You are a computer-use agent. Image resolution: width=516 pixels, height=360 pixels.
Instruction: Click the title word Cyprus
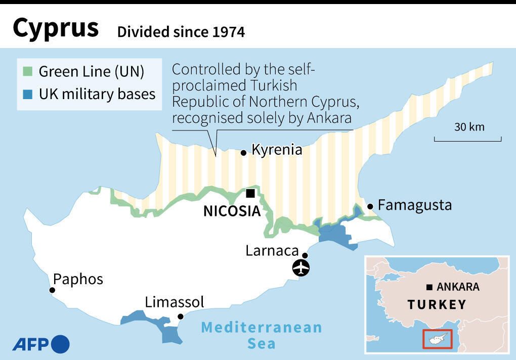[x=56, y=29]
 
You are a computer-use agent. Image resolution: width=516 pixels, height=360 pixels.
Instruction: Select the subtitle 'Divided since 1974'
[x=181, y=32]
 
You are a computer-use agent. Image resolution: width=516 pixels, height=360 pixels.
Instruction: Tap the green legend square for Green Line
[x=28, y=71]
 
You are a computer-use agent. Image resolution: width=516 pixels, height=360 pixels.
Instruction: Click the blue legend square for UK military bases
[x=28, y=94]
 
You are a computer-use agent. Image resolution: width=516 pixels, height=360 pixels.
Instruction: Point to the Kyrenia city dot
[x=243, y=152]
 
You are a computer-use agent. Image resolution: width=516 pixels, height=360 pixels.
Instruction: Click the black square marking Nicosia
[x=250, y=193]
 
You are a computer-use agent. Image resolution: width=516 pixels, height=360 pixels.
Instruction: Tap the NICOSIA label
[x=231, y=211]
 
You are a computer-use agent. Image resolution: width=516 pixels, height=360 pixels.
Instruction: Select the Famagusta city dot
[x=370, y=206]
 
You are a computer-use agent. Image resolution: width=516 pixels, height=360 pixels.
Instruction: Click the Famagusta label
[x=414, y=206]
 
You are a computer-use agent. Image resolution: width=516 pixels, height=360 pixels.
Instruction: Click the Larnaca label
[x=271, y=250]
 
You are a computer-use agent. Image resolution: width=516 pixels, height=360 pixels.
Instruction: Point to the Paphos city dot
[x=52, y=290]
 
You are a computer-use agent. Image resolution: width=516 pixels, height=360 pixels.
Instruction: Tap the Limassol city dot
[x=180, y=317]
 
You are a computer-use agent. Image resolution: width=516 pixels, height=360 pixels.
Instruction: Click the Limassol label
[x=175, y=302]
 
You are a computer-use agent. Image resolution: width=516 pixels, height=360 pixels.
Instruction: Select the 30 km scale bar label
[x=469, y=127]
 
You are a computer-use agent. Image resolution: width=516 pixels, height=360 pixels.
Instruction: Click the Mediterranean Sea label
[x=262, y=335]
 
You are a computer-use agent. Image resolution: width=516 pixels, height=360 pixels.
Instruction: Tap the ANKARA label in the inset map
[x=457, y=287]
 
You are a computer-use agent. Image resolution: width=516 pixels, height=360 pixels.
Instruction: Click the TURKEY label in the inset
[x=437, y=305]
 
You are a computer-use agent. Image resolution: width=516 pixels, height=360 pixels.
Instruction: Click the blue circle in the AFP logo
[x=60, y=344]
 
